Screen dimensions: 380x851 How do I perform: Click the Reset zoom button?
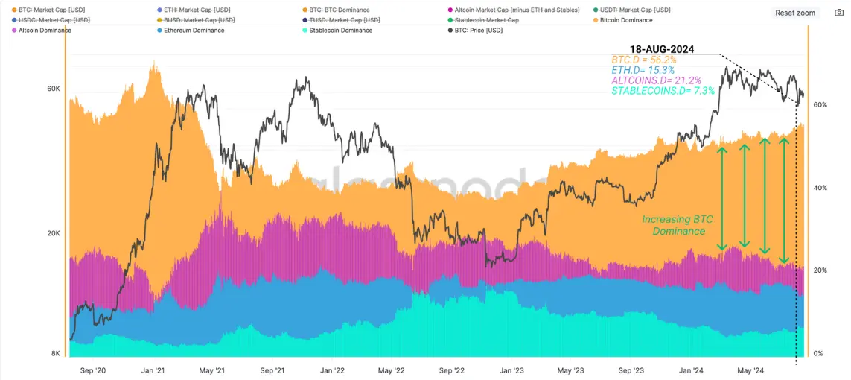(795, 13)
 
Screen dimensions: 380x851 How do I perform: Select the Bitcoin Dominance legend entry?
(625, 20)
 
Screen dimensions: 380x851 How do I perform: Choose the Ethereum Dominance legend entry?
(191, 31)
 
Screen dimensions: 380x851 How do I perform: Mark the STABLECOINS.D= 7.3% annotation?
(663, 91)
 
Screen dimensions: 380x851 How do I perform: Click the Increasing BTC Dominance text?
(678, 226)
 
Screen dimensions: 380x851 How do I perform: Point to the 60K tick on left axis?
(53, 89)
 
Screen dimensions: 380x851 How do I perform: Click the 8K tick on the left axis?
(55, 354)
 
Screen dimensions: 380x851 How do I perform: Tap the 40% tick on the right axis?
(820, 188)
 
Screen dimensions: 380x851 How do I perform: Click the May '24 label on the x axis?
(750, 370)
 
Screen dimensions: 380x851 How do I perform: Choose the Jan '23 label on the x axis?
(511, 370)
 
